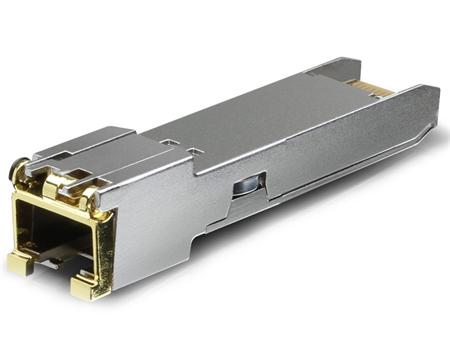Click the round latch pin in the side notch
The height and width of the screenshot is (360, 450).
point(243,189)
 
